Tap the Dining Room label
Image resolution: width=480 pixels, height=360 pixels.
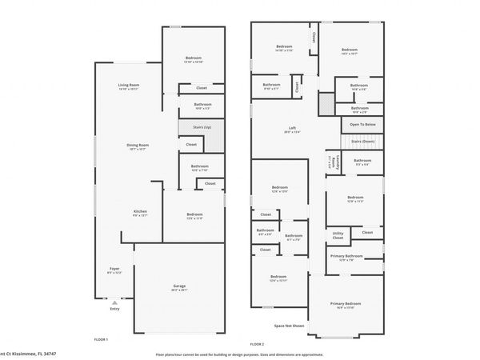point(138,145)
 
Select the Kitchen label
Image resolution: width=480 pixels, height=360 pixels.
point(140,211)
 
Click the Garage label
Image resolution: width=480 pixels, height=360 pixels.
point(179,286)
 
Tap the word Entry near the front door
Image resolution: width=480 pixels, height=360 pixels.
point(115,308)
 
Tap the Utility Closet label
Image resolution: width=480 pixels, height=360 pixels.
point(338,235)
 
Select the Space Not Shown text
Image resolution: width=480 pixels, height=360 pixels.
point(289,326)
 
